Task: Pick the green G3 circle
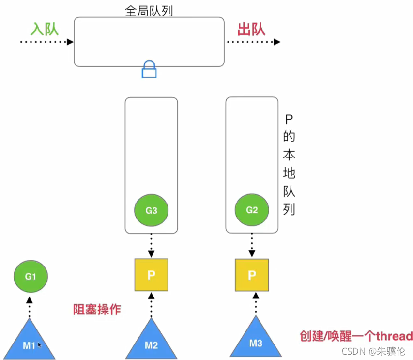pos(151,210)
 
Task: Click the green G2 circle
pos(252,210)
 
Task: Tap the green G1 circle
pos(31,276)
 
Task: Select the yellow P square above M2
pos(151,275)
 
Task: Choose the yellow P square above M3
pos(252,275)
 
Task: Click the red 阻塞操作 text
pos(97,309)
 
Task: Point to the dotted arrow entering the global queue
pos(46,42)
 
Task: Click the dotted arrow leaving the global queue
pos(253,42)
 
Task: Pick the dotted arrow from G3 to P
pos(151,245)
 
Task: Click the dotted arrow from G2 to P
pos(252,245)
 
